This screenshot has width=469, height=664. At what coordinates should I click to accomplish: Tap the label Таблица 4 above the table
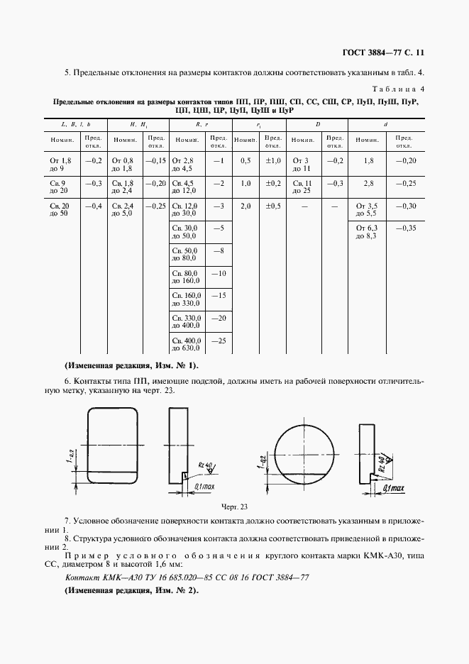(x=399, y=89)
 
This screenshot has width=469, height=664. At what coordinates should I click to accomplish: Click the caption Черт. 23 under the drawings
(x=235, y=507)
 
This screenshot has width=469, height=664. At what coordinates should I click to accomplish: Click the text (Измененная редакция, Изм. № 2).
(x=131, y=590)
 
